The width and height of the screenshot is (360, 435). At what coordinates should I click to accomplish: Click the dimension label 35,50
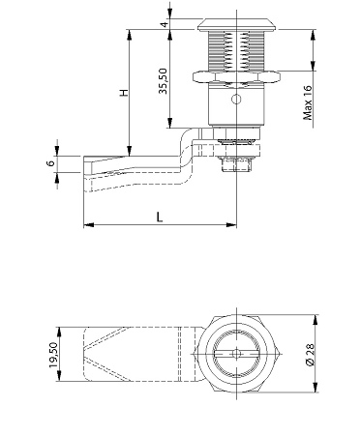coord(164,81)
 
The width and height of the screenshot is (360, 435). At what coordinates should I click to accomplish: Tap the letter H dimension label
coord(125,93)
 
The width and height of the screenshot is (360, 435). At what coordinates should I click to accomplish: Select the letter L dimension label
coord(160,217)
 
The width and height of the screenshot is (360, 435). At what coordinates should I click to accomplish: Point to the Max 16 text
coord(308,102)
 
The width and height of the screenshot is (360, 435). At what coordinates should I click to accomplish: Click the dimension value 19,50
coord(53,355)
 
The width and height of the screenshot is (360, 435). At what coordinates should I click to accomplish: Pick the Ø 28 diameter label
coord(310,355)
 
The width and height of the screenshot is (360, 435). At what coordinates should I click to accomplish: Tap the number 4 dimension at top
coord(165,24)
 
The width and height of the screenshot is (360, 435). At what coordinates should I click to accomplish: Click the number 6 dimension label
coord(51,163)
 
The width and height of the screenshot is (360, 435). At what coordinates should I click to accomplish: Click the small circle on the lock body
coord(236,100)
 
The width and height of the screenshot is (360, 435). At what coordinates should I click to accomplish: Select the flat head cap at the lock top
coord(236,25)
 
